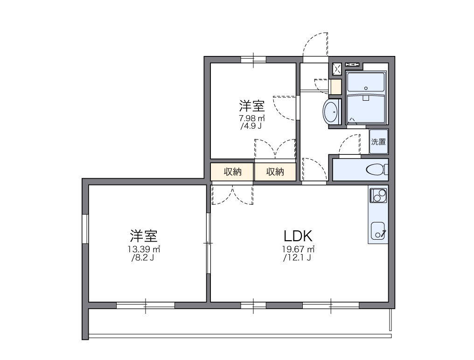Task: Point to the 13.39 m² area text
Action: tap(144, 249)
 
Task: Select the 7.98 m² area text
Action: tap(252, 118)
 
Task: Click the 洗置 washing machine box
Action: tap(378, 142)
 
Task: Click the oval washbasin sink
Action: tap(331, 112)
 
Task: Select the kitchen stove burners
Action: tap(377, 194)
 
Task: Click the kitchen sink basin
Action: tap(377, 230)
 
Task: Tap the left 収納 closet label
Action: tap(232, 172)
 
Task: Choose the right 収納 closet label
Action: tap(275, 172)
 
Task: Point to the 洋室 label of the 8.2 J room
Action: tap(144, 235)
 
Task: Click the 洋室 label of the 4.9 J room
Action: tap(252, 104)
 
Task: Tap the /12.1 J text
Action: tap(297, 257)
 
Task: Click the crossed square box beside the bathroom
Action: tap(337, 69)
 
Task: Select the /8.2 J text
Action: tap(143, 257)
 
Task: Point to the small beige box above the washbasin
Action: tap(335, 87)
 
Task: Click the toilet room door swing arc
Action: tap(349, 144)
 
